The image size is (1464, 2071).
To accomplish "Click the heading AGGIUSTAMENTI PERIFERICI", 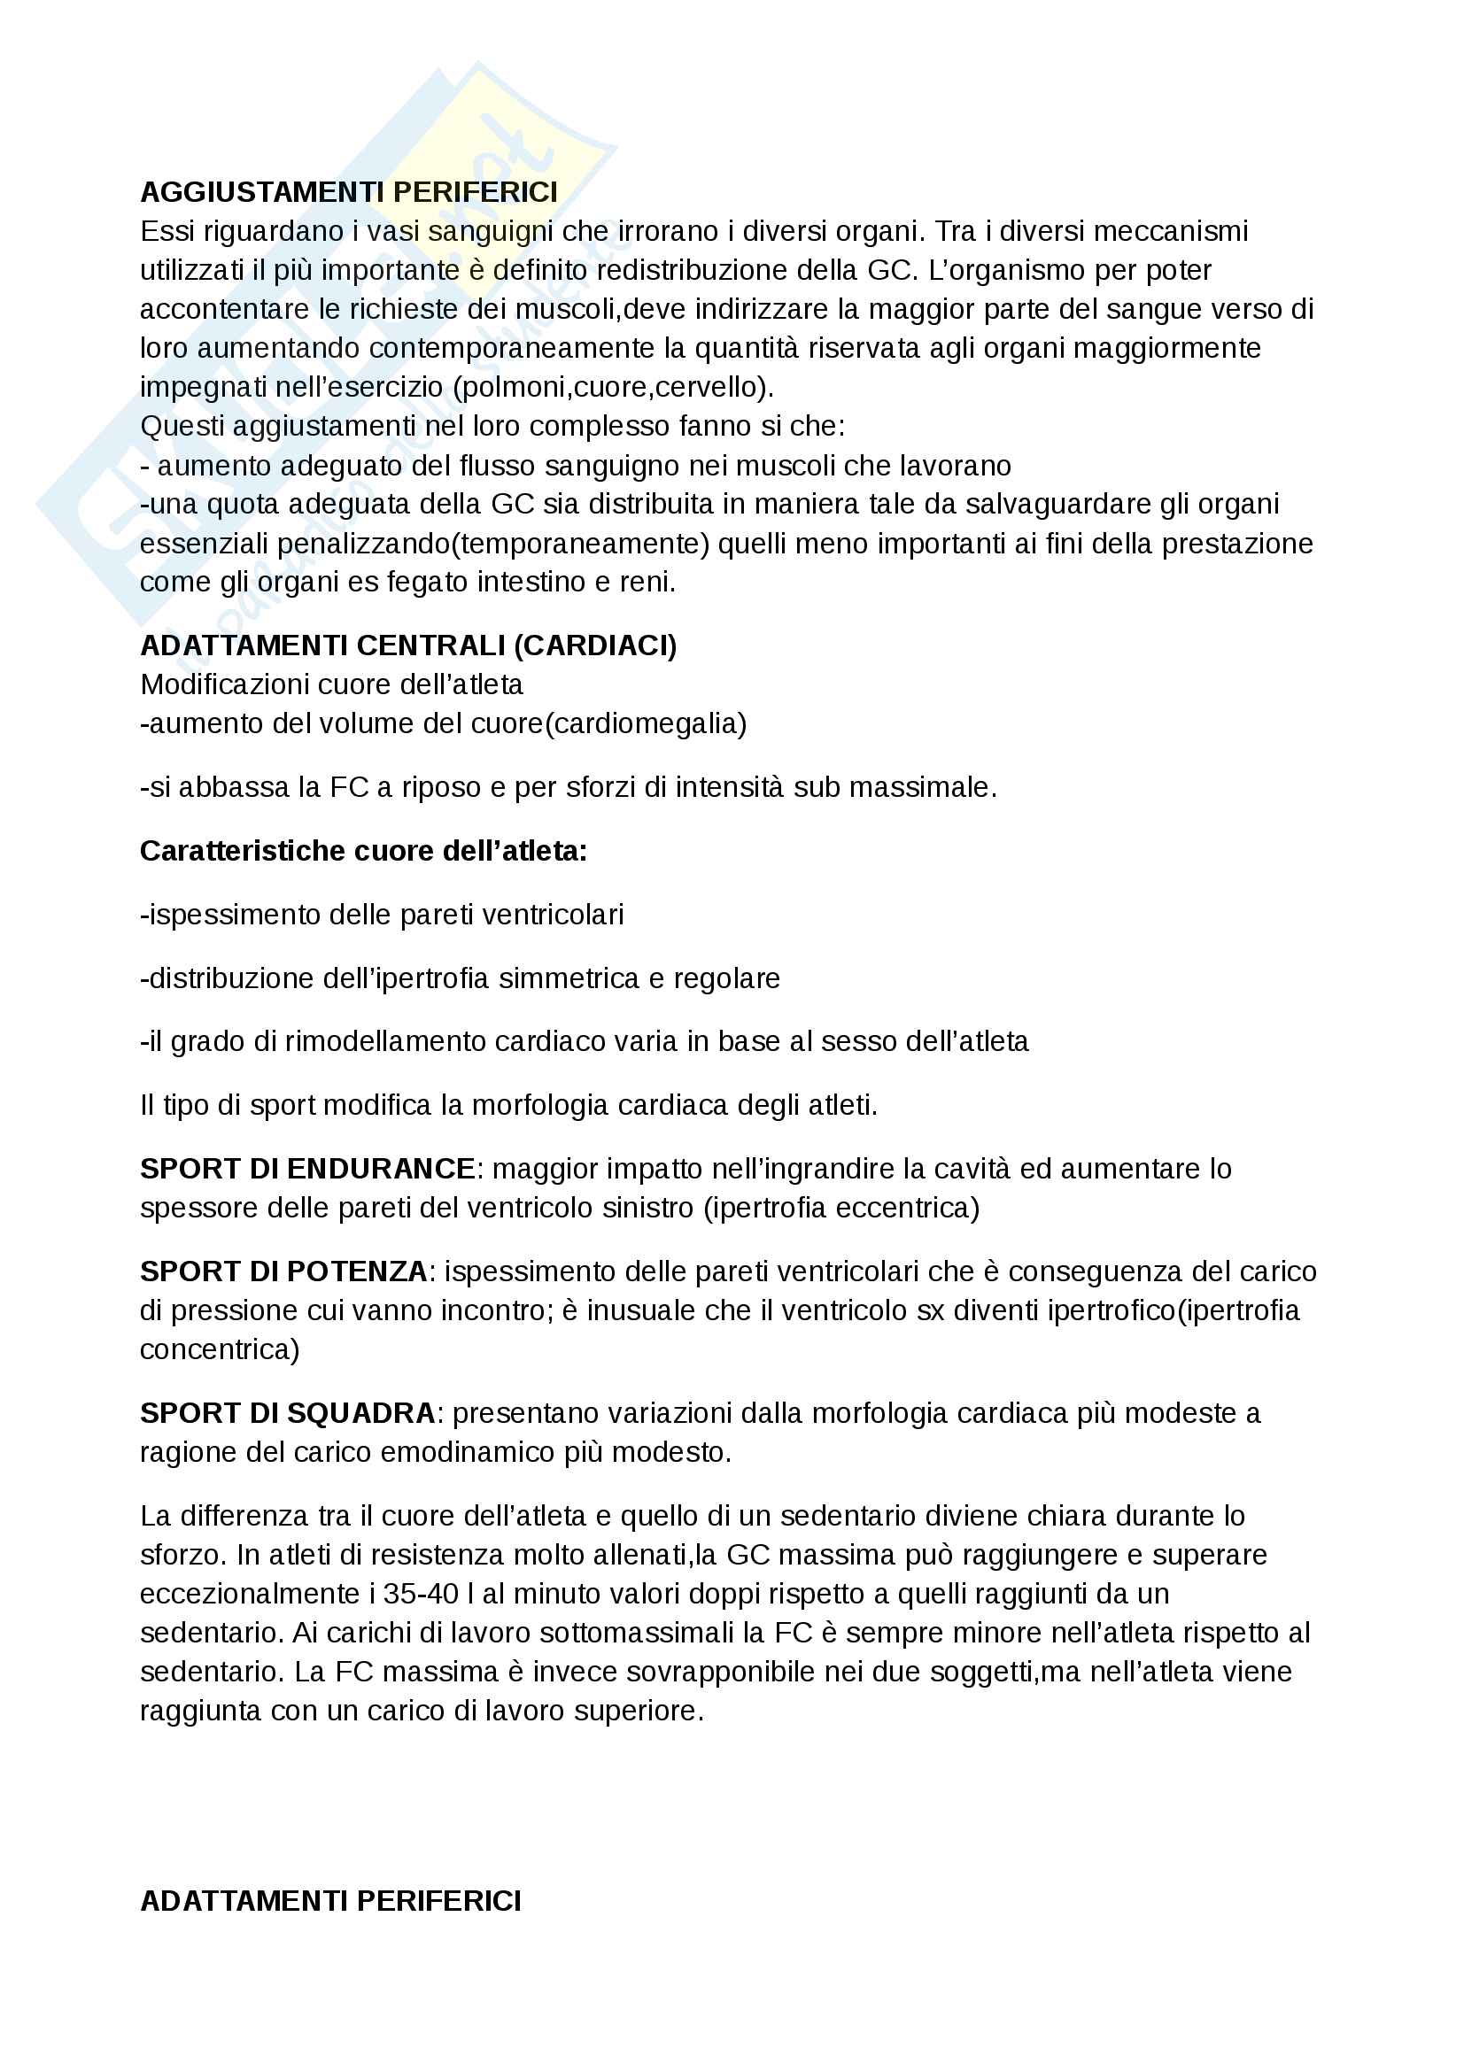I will tap(348, 192).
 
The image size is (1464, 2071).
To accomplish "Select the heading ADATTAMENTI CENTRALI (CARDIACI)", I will tap(407, 645).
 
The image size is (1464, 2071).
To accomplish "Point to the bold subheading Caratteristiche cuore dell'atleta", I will tap(362, 851).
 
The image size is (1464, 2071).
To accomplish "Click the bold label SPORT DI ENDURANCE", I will tap(306, 1169).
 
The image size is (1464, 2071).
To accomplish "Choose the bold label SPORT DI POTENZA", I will tap(283, 1271).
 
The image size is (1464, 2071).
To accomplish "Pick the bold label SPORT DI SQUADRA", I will tap(287, 1413).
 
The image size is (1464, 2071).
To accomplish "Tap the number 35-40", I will tap(421, 1594).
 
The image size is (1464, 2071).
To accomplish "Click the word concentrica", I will tap(217, 1349).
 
